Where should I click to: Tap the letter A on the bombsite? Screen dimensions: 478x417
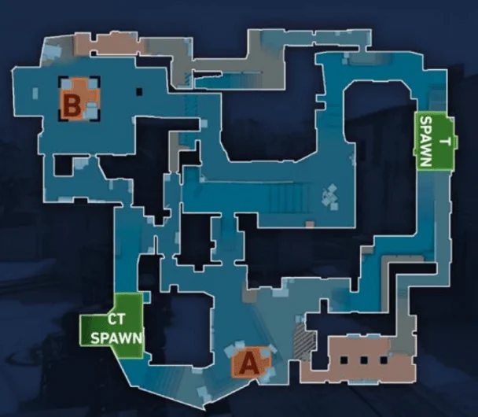click(x=249, y=363)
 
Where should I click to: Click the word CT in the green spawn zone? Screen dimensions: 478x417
click(x=116, y=319)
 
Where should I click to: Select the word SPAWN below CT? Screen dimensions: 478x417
click(x=117, y=338)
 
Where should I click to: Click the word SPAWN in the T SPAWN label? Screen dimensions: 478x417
click(x=427, y=142)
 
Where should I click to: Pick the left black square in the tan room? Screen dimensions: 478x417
click(x=344, y=360)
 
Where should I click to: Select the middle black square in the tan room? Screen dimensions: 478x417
click(x=364, y=360)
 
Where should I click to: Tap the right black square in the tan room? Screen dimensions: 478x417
click(x=384, y=360)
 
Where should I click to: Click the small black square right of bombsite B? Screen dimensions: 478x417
click(x=139, y=91)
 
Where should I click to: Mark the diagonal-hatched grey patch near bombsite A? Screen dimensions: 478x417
click(x=303, y=341)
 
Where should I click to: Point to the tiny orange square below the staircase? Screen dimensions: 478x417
click(x=310, y=224)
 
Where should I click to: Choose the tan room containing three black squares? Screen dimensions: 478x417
click(x=358, y=360)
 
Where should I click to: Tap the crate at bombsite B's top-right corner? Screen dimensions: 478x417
click(x=92, y=83)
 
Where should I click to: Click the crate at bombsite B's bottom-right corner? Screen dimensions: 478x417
click(x=91, y=110)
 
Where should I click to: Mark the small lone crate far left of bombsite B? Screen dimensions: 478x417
click(x=35, y=93)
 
